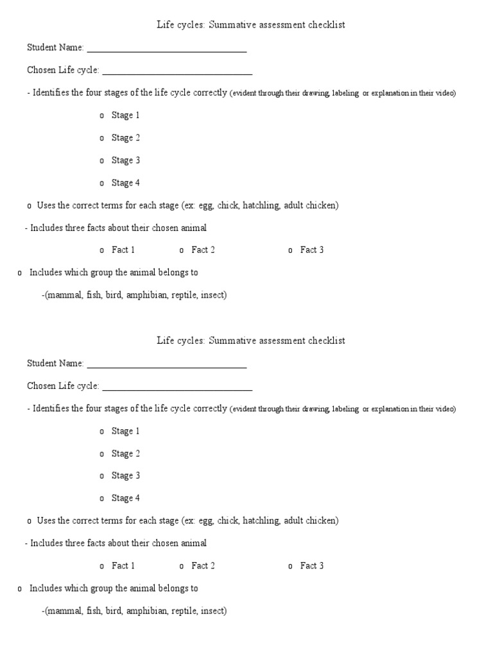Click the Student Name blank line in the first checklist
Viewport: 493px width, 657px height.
(x=167, y=48)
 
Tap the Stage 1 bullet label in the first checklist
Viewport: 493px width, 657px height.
(x=125, y=115)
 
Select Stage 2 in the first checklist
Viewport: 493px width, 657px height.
(x=125, y=138)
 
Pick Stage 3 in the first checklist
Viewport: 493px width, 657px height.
(x=125, y=160)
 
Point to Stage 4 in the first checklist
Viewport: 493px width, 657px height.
(x=125, y=183)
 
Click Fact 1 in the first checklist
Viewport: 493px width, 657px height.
(x=123, y=250)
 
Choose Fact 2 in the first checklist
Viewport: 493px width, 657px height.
(x=203, y=250)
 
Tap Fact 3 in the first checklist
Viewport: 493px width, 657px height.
(x=312, y=250)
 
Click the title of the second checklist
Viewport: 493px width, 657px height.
(x=251, y=341)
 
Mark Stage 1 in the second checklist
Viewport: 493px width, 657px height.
(x=125, y=431)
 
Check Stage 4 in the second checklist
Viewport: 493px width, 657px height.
(x=125, y=499)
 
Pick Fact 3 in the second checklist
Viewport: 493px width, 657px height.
(x=312, y=566)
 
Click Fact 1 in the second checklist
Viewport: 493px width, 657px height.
(x=123, y=566)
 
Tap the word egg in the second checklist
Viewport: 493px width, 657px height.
(x=205, y=521)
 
